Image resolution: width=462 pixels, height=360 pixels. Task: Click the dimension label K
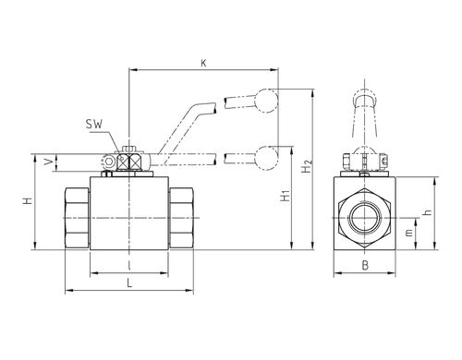[x=203, y=63]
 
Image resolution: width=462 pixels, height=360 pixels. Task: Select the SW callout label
[x=94, y=125]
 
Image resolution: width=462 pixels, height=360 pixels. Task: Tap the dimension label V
[x=48, y=162]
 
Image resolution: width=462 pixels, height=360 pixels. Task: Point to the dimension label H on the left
[x=28, y=201]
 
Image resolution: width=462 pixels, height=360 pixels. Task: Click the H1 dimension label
[x=286, y=196]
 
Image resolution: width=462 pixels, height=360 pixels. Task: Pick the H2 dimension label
[x=307, y=165]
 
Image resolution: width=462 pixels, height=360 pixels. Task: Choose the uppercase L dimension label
[x=129, y=282]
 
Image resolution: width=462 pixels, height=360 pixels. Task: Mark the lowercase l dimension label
[x=129, y=266]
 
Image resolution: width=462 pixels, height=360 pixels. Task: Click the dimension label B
[x=365, y=266]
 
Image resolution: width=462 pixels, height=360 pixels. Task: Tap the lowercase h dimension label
[x=428, y=212]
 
